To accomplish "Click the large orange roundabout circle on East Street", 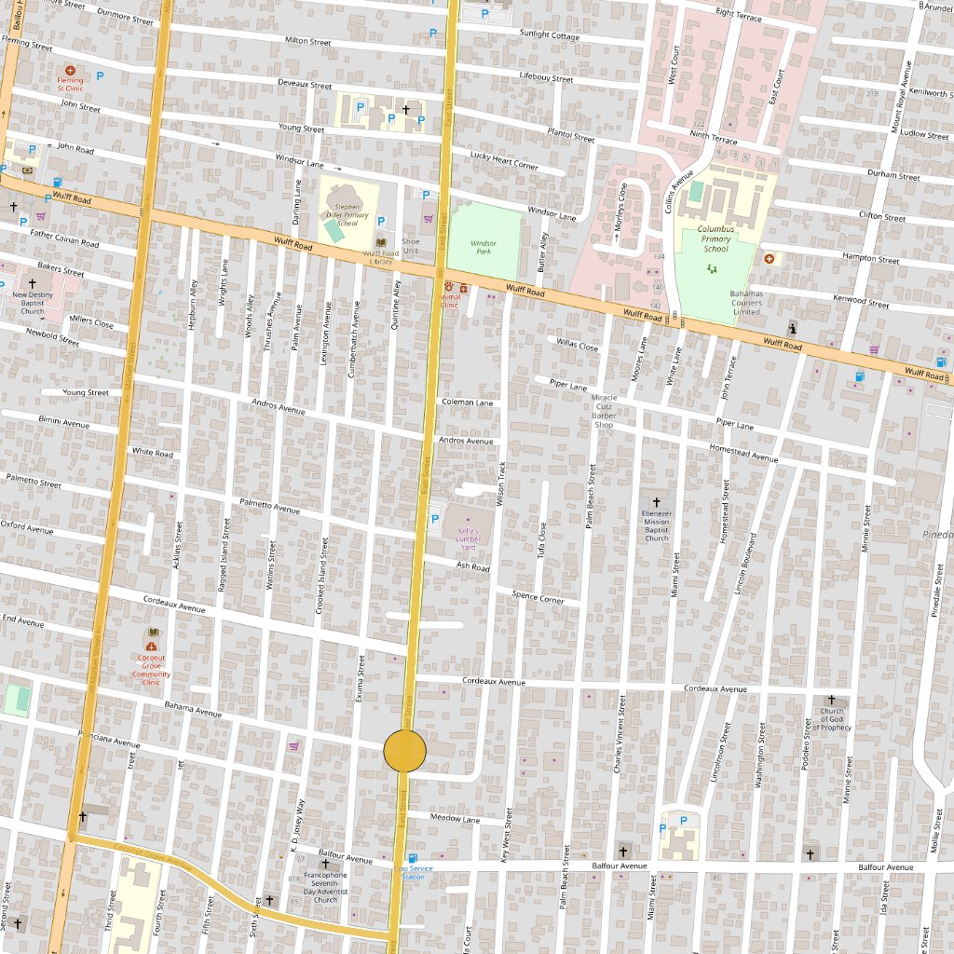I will click(x=405, y=751).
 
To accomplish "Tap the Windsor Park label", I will click(x=484, y=247).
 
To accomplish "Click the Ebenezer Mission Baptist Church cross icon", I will click(x=657, y=501).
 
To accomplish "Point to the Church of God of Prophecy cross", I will click(x=832, y=700).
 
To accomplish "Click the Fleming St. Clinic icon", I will click(x=70, y=70).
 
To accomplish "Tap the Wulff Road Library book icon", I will click(x=380, y=242).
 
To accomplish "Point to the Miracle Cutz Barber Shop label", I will click(x=604, y=411).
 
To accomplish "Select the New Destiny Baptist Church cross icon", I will click(x=32, y=283).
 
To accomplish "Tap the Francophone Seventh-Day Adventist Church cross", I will click(x=325, y=864).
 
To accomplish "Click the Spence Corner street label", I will click(x=538, y=596).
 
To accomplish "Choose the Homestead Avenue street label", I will click(x=743, y=454).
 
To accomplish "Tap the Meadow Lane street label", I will click(x=456, y=819).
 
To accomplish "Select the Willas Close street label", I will click(x=578, y=346).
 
